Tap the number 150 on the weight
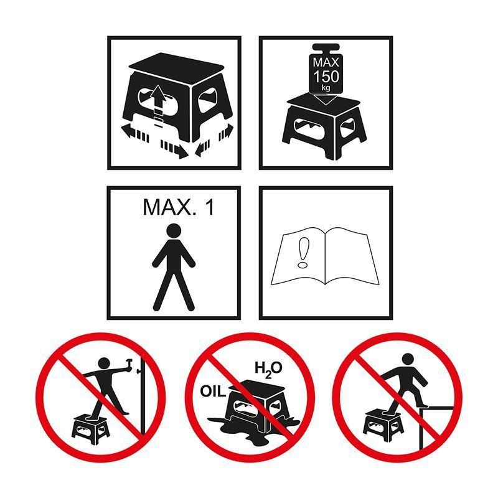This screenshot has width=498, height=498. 326,77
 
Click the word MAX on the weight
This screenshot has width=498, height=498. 326,62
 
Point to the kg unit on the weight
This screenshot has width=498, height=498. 326,88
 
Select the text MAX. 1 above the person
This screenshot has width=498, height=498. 179,207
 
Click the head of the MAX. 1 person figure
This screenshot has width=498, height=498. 174,231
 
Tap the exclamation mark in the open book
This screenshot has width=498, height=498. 303,253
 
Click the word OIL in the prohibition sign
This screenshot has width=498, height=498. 213,392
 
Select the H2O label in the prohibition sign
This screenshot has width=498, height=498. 268,369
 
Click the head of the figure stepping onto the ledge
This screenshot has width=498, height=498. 408,360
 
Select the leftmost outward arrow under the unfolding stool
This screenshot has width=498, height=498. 135,132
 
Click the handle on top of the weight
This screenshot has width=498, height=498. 326,49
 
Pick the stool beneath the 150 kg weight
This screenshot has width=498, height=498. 324,126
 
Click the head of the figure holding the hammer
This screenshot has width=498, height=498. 104,364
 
